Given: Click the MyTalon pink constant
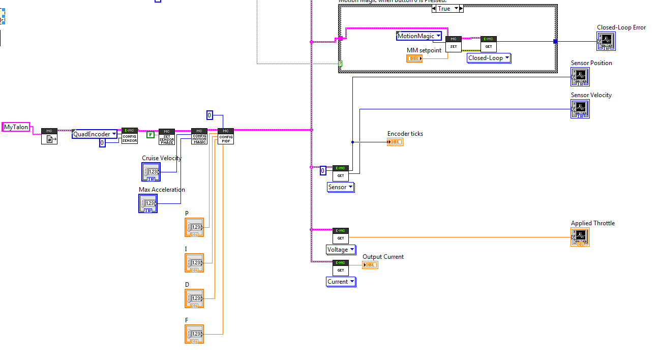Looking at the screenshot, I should click(16, 127).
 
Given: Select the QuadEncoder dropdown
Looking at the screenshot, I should click(95, 134).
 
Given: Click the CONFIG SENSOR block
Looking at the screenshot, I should click(130, 136).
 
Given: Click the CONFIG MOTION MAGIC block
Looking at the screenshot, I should click(199, 137).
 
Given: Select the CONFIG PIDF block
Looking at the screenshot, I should click(226, 136).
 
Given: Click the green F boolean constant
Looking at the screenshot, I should click(151, 135).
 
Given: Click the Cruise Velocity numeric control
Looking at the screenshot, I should click(151, 172).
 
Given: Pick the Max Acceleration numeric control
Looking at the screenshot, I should click(148, 203).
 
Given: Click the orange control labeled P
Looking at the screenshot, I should click(194, 227).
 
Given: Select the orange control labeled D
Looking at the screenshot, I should click(194, 298).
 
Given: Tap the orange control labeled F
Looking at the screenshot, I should click(194, 334).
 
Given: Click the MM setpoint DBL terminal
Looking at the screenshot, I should click(414, 58).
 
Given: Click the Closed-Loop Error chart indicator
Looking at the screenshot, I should click(606, 42).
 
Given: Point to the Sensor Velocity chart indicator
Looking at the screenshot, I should click(580, 109).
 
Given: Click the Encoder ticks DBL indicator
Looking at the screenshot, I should click(395, 142).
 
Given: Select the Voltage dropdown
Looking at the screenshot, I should click(341, 250).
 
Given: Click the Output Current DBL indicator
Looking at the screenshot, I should click(370, 265).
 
